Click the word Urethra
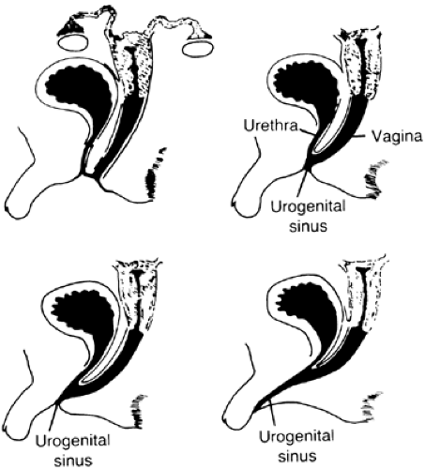270,126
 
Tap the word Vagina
397,137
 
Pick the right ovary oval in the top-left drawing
198,50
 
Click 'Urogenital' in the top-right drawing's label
308,207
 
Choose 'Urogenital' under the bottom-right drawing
296,437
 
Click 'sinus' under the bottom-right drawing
297,456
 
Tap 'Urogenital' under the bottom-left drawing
72,442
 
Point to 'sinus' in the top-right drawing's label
308,226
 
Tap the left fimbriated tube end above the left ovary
71,25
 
